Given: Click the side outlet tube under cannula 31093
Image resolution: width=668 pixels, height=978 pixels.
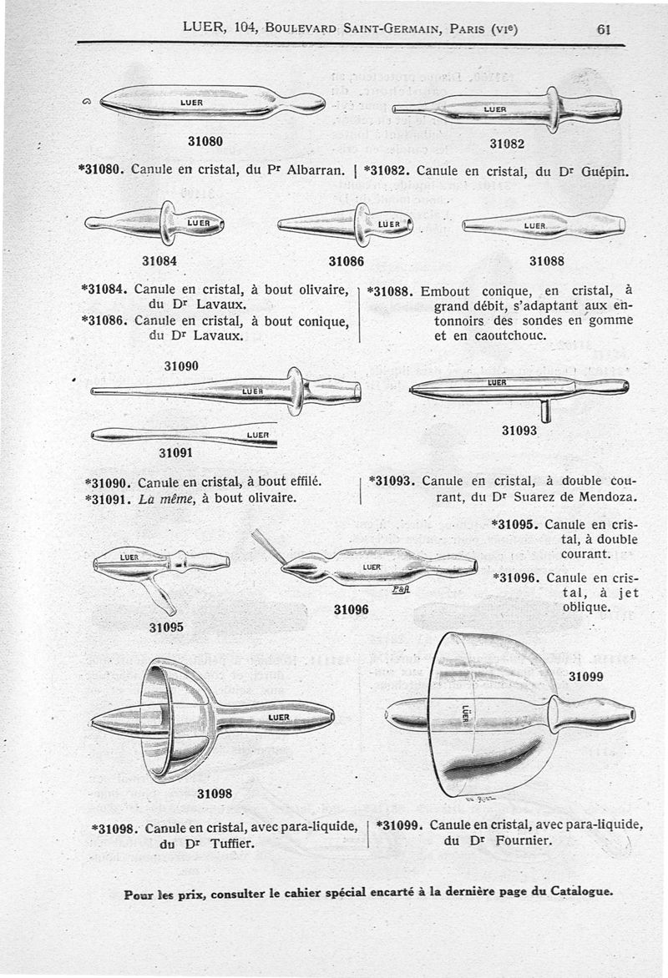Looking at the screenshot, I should [x=545, y=411].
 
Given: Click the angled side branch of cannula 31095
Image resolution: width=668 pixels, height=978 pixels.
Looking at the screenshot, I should [x=159, y=595].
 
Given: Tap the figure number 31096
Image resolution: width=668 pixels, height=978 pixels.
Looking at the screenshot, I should [x=351, y=609].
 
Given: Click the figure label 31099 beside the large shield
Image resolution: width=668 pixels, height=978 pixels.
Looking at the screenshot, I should [x=586, y=677].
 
